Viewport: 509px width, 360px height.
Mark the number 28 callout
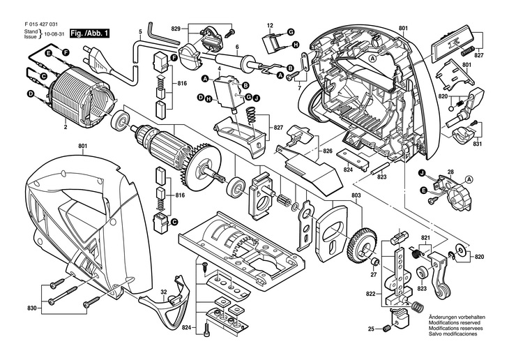[450, 172]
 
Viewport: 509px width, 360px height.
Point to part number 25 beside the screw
[372, 329]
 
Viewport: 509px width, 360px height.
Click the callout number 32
[163, 290]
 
